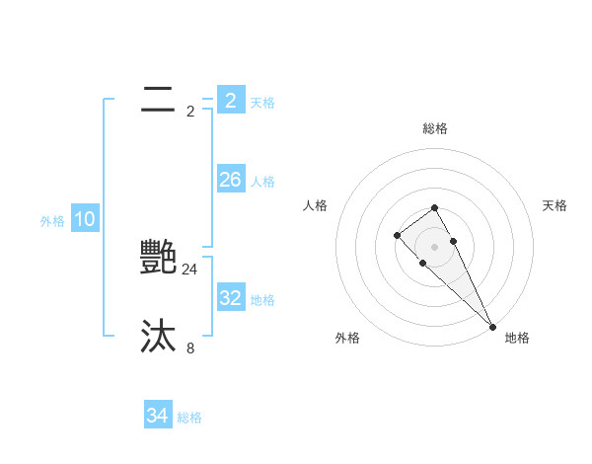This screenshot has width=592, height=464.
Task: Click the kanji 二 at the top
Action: (159, 100)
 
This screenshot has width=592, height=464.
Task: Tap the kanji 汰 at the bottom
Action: (159, 337)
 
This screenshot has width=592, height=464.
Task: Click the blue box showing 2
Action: (230, 100)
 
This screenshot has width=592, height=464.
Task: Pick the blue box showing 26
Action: (230, 180)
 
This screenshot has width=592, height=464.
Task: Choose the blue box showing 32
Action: (230, 298)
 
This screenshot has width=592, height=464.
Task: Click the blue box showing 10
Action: (85, 219)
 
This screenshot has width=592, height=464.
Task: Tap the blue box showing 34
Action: (157, 416)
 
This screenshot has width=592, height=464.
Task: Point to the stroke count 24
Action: (190, 269)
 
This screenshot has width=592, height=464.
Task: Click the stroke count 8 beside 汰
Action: (190, 348)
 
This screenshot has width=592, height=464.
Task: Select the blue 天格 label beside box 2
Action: (262, 103)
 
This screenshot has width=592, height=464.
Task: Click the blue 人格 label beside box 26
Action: (262, 182)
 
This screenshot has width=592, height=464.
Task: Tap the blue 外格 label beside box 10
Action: (52, 221)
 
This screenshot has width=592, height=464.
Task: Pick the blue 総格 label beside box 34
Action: (189, 418)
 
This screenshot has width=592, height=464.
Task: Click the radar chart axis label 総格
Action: (435, 128)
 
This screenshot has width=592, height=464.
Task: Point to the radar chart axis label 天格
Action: (555, 205)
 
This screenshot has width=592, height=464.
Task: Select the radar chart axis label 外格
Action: (347, 338)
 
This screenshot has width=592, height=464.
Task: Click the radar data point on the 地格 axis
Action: (492, 327)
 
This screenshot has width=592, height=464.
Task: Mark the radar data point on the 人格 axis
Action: (397, 235)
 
